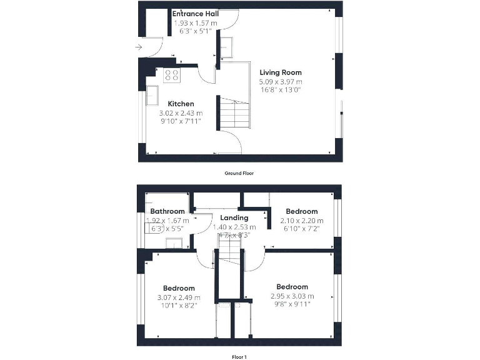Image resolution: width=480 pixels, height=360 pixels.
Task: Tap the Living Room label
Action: [281, 72]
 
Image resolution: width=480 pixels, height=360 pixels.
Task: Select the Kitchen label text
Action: [181, 104]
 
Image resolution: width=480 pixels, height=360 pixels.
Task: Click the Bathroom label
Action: [167, 211]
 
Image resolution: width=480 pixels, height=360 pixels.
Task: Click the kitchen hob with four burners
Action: [172, 76]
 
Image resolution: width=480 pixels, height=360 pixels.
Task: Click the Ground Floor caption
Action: [239, 173]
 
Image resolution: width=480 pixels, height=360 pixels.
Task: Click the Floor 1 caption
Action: [239, 357]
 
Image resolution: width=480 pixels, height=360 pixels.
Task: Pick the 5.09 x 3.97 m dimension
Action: [281, 82]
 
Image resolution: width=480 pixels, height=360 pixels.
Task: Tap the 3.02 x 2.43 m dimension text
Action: [181, 113]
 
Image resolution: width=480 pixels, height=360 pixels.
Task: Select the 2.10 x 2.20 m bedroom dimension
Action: [302, 221]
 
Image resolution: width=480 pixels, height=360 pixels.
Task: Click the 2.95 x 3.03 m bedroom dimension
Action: [292, 296]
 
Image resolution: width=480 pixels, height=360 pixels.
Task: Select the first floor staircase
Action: [229, 255]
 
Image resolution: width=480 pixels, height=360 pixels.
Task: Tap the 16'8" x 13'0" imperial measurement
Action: [281, 90]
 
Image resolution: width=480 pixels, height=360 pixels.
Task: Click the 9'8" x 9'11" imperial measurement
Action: [292, 304]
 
